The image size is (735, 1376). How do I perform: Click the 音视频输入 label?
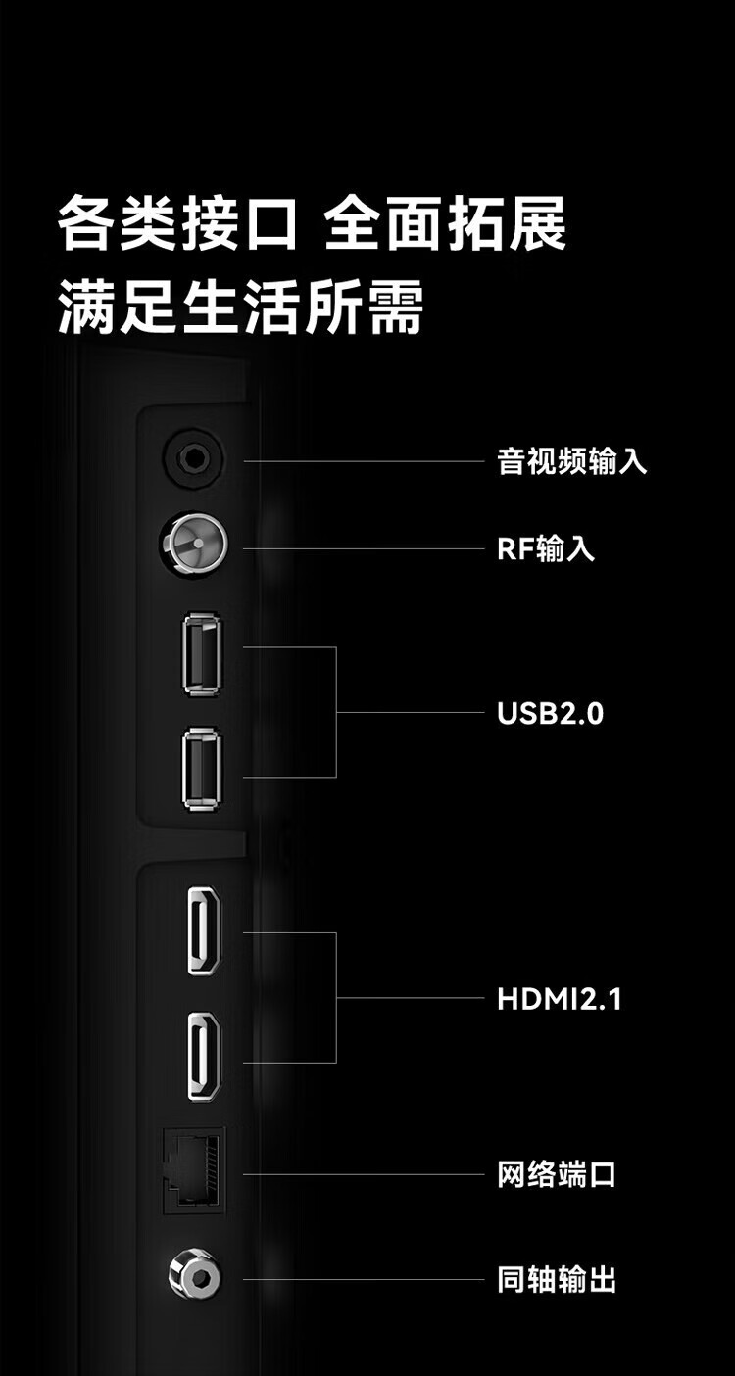point(572,461)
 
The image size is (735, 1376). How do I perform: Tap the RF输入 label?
point(545,548)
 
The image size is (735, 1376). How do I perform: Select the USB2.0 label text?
point(550,713)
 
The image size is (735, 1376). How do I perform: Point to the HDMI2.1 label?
point(560,999)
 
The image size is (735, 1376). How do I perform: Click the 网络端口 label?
point(557,1174)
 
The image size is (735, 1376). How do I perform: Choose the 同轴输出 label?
point(557,1279)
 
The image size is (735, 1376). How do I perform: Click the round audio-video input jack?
point(193,456)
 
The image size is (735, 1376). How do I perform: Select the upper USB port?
point(202,654)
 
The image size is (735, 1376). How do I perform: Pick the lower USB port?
point(202,769)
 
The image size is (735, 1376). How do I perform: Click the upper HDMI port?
point(204,930)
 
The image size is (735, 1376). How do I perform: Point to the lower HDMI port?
point(204,1057)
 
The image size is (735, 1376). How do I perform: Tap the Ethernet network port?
point(194,1170)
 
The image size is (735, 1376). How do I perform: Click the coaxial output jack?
point(194,1276)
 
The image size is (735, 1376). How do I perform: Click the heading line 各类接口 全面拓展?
point(312,224)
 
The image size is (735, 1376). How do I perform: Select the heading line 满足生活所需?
point(241,307)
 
